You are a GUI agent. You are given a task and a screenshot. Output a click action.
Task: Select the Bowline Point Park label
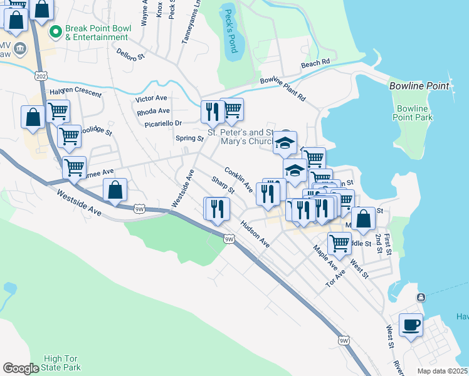click(x=413, y=113)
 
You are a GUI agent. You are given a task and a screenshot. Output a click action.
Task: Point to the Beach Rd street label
click(x=315, y=63)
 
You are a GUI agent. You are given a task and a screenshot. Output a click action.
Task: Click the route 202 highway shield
click(x=40, y=76)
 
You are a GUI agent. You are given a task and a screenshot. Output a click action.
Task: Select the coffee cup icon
click(x=411, y=325)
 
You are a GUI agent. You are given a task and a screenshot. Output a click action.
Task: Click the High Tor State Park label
click(x=61, y=363)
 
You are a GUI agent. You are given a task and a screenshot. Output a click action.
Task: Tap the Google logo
click(x=21, y=368)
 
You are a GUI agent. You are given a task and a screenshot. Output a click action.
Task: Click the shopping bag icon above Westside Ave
click(x=115, y=190)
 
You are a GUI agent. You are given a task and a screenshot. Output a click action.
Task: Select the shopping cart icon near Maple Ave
click(x=339, y=242)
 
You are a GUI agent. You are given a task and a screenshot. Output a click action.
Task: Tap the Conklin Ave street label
click(x=238, y=179)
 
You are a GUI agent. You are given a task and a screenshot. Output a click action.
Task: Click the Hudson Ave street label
click(x=255, y=233)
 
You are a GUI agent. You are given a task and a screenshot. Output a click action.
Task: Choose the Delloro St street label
click(x=130, y=55)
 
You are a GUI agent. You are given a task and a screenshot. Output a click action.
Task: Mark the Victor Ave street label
click(x=152, y=98)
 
